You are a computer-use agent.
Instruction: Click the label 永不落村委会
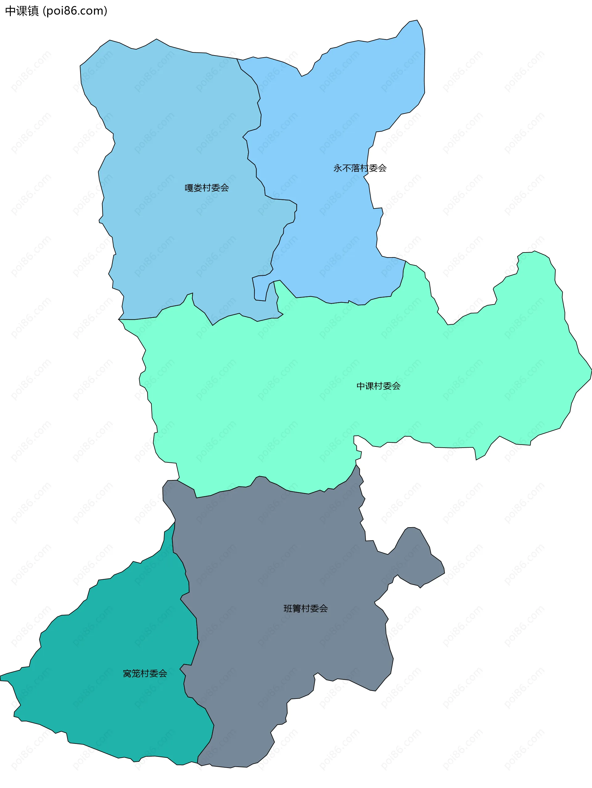360,168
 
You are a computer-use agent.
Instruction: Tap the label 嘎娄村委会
207,188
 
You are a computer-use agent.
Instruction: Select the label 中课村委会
378,386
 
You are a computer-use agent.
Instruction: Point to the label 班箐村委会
305,609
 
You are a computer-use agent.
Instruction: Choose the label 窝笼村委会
145,673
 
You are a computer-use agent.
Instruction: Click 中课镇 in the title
22,11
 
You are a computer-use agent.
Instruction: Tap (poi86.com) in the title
75,11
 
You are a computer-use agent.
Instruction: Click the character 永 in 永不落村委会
338,168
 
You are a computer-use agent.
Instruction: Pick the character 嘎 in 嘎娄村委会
189,188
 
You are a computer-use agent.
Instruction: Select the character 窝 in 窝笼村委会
127,673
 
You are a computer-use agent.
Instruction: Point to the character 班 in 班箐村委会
288,609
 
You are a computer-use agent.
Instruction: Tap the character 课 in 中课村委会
369,386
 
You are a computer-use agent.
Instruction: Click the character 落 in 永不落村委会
356,168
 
